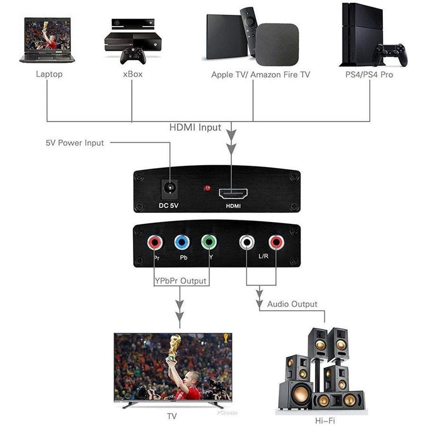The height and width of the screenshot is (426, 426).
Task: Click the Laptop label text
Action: coord(49,74)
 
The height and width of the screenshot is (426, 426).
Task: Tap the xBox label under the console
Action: coord(132,74)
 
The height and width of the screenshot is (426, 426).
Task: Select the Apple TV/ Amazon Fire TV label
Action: coord(261,74)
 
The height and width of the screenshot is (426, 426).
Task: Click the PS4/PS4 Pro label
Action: coord(369,74)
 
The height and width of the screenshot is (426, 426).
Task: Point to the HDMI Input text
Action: coord(195,128)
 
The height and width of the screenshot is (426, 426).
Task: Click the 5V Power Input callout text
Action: coord(75,143)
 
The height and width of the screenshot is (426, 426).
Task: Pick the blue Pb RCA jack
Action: coord(182,243)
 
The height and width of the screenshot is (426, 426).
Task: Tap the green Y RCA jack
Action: coord(208,243)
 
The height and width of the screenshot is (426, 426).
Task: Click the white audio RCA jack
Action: coord(247,243)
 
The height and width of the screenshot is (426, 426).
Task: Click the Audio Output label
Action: coord(292,304)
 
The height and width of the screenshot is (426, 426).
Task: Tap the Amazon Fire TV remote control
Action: coord(248,31)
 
